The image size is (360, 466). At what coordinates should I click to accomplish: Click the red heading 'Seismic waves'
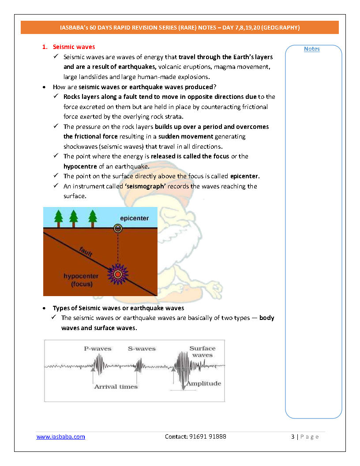click(x=74, y=47)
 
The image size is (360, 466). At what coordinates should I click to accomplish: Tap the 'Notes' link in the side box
click(x=311, y=49)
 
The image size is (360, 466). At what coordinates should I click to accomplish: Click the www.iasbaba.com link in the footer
click(x=60, y=436)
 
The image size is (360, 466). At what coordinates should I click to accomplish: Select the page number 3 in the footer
click(x=292, y=436)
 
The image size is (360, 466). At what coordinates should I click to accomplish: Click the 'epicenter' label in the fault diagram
click(x=135, y=218)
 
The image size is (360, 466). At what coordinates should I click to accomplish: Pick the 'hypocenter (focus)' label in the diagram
click(x=81, y=280)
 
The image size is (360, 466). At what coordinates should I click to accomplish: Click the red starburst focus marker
click(x=118, y=274)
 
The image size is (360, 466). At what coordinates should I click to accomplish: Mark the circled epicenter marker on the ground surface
click(x=118, y=228)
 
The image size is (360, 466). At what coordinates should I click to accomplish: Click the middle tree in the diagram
click(x=74, y=217)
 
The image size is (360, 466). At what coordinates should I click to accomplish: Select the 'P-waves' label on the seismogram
click(x=97, y=349)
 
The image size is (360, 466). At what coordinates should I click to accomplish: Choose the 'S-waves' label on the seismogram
click(x=142, y=349)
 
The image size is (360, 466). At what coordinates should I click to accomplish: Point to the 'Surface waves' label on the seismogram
click(x=202, y=352)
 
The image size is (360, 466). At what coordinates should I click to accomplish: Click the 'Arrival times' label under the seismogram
click(x=116, y=387)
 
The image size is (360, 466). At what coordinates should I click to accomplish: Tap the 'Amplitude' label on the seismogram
click(x=203, y=383)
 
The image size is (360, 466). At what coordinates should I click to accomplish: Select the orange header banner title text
click(x=180, y=27)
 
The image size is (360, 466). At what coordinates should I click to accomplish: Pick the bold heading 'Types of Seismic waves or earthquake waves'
click(x=118, y=308)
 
